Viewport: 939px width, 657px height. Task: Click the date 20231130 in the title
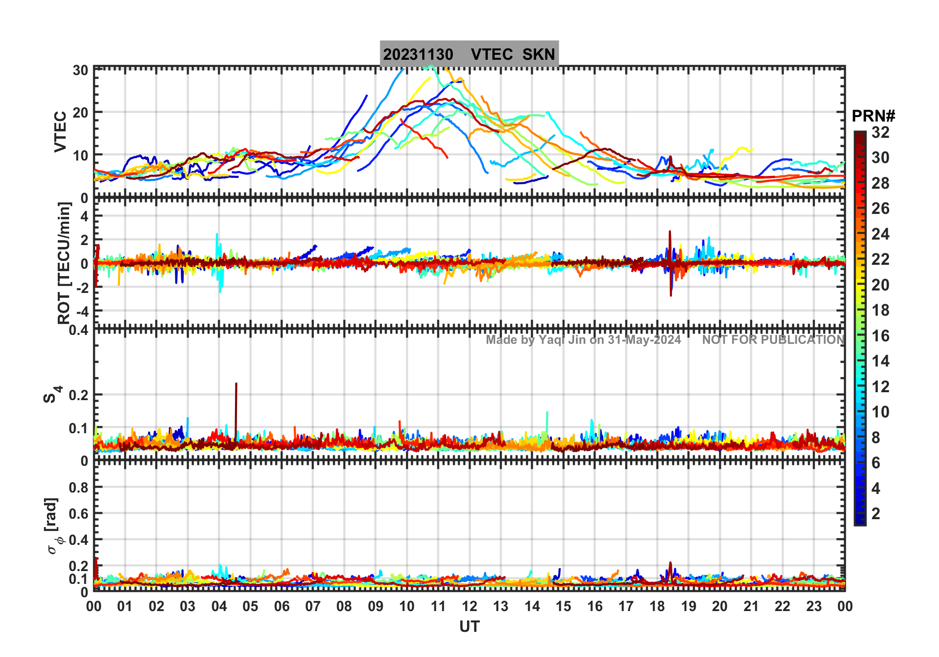pos(418,54)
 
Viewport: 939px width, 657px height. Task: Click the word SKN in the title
pos(539,54)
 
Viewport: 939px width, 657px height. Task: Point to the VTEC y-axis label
pos(60,131)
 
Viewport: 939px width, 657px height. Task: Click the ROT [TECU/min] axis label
pos(64,263)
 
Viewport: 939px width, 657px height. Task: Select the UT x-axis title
pos(469,626)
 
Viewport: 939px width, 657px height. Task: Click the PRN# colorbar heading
pos(873,116)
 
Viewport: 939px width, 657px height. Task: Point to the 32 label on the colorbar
pos(880,132)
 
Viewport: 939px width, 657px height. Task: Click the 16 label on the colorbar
pos(880,336)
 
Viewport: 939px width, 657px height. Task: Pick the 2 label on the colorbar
pos(876,514)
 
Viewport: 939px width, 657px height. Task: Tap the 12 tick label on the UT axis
pos(469,606)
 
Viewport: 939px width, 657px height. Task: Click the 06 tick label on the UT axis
pos(281,606)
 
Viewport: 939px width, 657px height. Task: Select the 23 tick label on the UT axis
pos(814,606)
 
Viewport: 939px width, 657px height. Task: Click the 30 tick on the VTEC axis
pos(80,70)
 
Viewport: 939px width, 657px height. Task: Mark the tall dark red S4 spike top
pos(236,384)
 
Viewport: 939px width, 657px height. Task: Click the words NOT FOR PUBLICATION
pos(773,340)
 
